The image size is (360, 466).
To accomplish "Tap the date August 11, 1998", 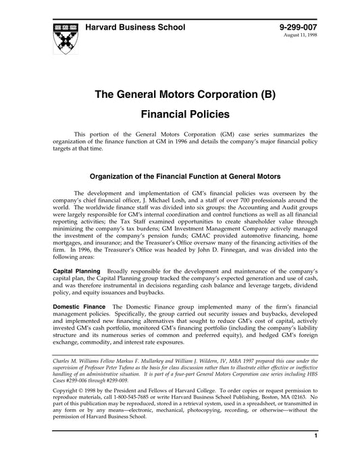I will [x=301, y=36].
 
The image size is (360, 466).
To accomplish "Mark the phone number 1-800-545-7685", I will [x=153, y=398].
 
